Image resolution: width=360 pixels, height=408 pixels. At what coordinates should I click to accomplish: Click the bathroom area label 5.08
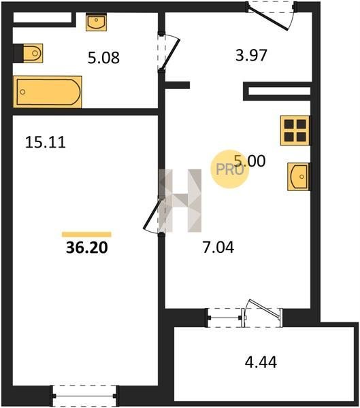[103, 58]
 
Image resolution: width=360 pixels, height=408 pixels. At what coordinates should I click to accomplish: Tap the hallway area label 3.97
[251, 56]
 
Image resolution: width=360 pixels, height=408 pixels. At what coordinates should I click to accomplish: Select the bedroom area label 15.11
[46, 143]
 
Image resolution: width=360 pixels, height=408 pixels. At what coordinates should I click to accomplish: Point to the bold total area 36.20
[86, 248]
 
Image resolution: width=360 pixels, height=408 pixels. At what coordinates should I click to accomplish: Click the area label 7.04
[218, 248]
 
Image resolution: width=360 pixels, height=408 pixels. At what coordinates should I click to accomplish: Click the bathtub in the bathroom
[48, 92]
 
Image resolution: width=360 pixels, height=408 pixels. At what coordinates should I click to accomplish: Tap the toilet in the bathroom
[33, 53]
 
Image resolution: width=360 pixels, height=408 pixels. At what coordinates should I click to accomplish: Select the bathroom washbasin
[97, 22]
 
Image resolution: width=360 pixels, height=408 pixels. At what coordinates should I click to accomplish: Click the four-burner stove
[295, 131]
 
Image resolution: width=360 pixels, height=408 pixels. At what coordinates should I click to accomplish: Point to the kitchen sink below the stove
[299, 177]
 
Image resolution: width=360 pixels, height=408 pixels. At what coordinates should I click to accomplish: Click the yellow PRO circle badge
[230, 169]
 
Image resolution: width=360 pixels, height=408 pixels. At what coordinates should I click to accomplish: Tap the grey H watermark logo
[180, 201]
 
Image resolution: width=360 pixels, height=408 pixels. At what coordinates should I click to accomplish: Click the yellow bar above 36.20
[86, 235]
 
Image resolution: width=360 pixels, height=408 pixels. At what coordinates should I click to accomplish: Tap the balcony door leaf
[264, 309]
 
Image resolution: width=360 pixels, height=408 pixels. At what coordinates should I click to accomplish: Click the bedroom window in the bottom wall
[84, 396]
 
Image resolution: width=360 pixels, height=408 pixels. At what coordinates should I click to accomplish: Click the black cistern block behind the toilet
[18, 53]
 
